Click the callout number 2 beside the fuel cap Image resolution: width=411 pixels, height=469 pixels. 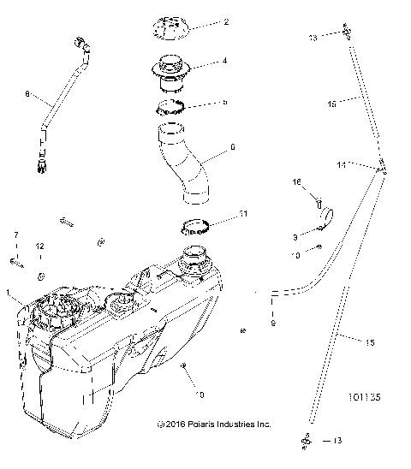pyautogui.click(x=225, y=24)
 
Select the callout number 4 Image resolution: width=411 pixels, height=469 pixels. pyautogui.click(x=224, y=62)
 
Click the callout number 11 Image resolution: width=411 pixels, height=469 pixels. pyautogui.click(x=244, y=213)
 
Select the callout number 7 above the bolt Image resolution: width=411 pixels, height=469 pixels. pyautogui.click(x=15, y=234)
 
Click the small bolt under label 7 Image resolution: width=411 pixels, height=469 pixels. pyautogui.click(x=15, y=262)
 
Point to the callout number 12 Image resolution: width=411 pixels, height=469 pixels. pyautogui.click(x=39, y=248)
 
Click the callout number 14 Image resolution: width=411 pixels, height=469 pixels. pyautogui.click(x=364, y=163)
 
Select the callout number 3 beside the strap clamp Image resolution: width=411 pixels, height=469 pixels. pyautogui.click(x=295, y=236)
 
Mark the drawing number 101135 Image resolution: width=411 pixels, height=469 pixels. pyautogui.click(x=366, y=397)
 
